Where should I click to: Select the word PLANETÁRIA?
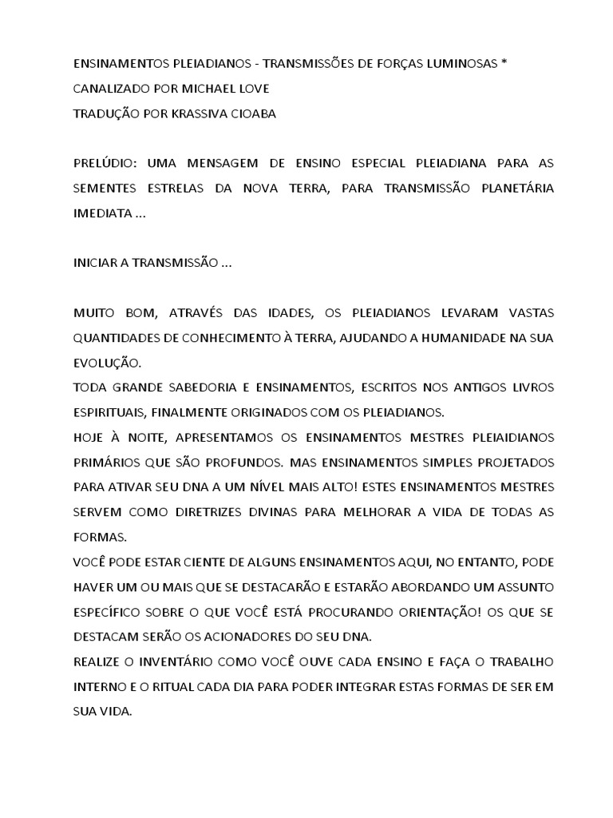pos(508,189)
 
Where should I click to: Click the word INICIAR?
pos(97,263)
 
